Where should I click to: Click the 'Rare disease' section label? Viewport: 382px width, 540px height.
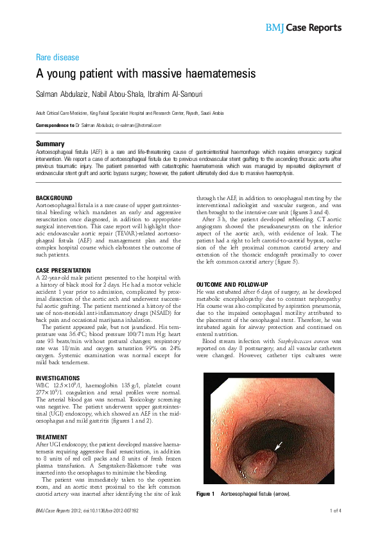point(57,57)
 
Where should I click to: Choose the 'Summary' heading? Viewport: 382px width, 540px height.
point(50,144)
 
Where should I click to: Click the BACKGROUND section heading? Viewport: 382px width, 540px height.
point(54,198)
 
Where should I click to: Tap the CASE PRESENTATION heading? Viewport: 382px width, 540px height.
point(63,271)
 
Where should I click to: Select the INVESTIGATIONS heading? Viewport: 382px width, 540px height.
point(58,378)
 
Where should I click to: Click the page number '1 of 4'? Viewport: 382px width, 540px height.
point(335,528)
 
